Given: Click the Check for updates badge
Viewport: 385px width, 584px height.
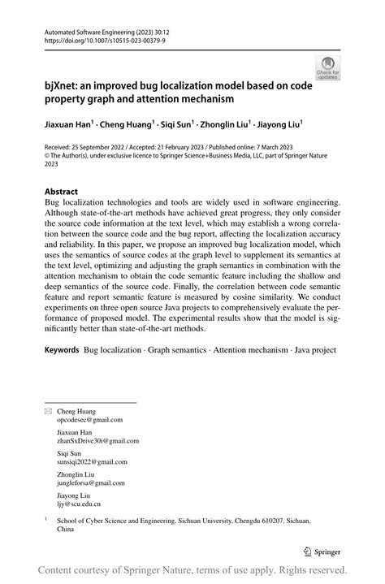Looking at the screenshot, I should tap(328, 67).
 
